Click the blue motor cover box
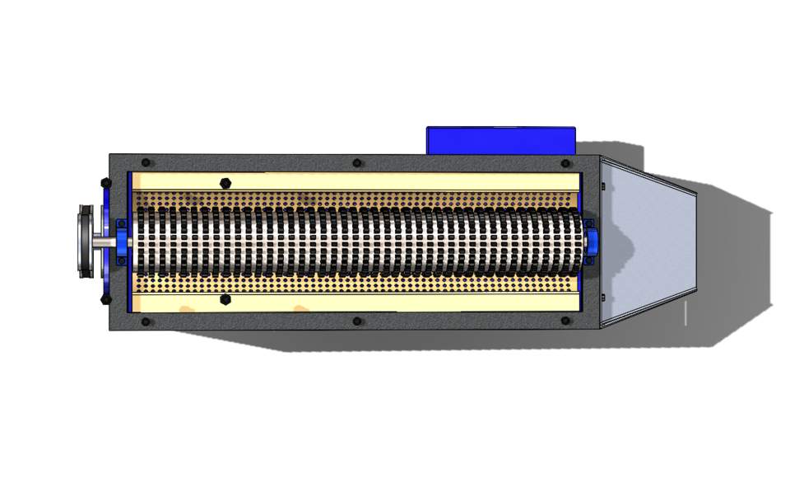click(x=500, y=139)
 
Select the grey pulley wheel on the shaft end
click(x=85, y=241)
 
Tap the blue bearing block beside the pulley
click(x=122, y=241)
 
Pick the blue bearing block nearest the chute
click(x=590, y=241)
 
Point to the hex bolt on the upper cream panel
click(x=225, y=182)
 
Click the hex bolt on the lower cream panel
click(x=225, y=300)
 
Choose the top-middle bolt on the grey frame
click(x=356, y=163)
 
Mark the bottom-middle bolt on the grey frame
click(x=356, y=321)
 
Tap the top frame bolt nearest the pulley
click(x=146, y=163)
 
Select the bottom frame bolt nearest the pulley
click(x=146, y=321)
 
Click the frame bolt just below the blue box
click(x=566, y=163)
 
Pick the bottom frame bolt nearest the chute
click(x=566, y=321)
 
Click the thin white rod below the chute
click(x=685, y=313)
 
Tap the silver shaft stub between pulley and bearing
click(x=104, y=242)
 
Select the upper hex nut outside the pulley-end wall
click(x=105, y=182)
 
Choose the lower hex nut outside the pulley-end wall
click(x=105, y=300)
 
